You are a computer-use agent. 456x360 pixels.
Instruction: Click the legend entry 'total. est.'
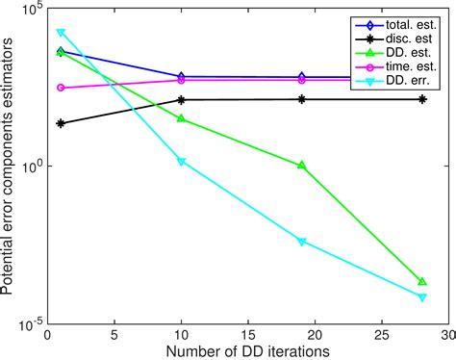[x=410, y=25]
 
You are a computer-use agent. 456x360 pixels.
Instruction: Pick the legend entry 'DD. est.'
[x=408, y=52]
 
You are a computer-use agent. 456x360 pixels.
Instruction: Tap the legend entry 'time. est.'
[x=411, y=65]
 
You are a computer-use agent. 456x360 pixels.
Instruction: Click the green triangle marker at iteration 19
[x=302, y=166]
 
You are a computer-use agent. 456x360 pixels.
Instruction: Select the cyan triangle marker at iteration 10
[x=182, y=162]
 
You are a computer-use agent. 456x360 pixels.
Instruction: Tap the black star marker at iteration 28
[x=422, y=99]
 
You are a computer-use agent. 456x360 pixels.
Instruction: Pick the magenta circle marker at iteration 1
[x=62, y=88]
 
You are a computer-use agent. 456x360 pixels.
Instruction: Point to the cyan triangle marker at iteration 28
[x=422, y=297]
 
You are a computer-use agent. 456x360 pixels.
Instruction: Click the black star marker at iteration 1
[x=62, y=123]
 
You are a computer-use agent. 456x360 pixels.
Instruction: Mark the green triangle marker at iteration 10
[x=182, y=118]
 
